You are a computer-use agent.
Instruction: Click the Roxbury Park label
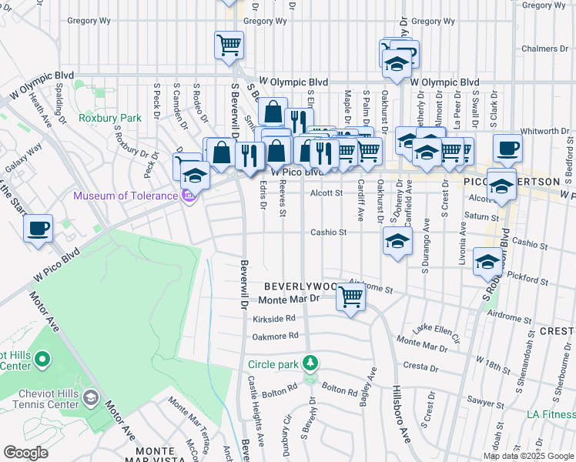[110, 119]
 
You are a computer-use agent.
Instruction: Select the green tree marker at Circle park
[310, 363]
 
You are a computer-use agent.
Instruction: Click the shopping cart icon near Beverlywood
[351, 295]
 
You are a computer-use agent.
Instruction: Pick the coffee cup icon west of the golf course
[38, 228]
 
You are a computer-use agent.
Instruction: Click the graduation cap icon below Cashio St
[397, 241]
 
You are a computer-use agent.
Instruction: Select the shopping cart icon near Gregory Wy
[229, 45]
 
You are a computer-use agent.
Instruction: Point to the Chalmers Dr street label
[544, 49]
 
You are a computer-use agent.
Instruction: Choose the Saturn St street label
[483, 216]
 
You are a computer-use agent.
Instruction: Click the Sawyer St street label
[485, 401]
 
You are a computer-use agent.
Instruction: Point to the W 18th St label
[493, 362]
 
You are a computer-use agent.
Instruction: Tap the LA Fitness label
[550, 415]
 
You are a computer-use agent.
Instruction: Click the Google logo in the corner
[25, 452]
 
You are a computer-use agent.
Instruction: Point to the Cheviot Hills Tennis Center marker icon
[91, 397]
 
